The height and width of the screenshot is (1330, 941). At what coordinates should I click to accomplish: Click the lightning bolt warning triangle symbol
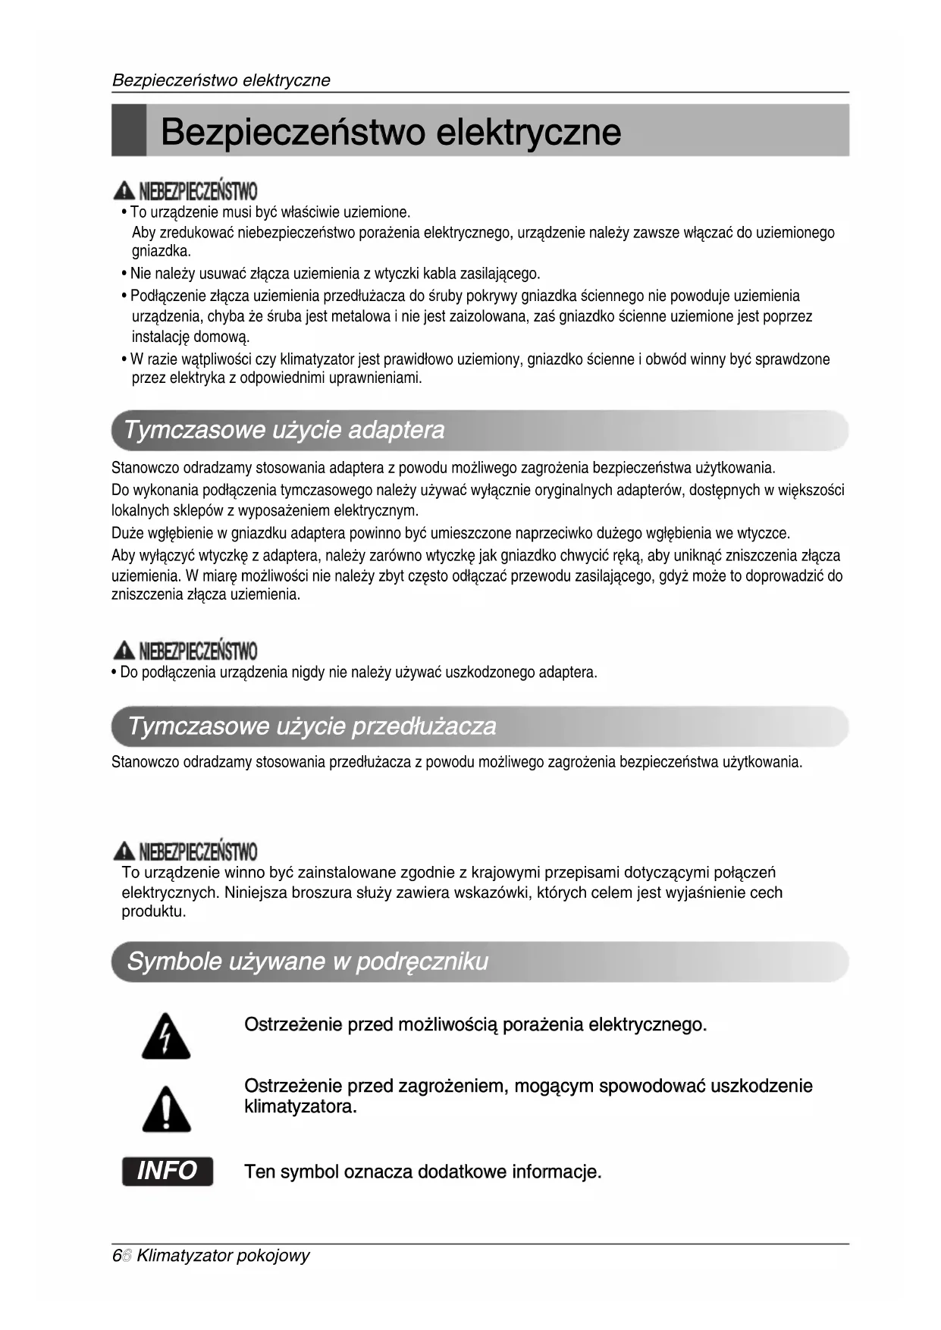166,1035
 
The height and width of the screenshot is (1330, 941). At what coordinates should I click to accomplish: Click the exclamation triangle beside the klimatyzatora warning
166,1109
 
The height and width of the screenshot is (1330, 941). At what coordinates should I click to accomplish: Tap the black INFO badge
168,1171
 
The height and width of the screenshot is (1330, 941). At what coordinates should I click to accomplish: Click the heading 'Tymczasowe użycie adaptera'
284,431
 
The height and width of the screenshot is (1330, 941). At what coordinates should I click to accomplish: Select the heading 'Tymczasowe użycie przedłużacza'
312,726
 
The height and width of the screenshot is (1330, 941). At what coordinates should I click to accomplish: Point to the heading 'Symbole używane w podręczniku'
307,961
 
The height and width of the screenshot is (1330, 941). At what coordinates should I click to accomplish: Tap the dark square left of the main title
129,130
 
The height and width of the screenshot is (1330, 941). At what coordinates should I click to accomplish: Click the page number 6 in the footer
116,1256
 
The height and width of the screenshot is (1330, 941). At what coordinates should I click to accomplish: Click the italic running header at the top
221,80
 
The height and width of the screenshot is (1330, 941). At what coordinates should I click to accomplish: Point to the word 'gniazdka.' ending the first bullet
161,251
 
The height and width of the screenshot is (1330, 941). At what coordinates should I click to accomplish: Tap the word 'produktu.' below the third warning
153,911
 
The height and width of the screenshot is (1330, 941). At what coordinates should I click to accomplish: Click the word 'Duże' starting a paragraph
127,533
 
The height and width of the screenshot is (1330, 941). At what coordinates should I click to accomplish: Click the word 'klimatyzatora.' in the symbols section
300,1107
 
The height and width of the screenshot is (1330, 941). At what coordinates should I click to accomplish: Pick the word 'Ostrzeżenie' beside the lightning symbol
293,1025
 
